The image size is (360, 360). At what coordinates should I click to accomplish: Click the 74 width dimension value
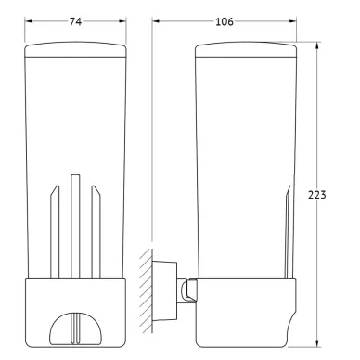pos(75,21)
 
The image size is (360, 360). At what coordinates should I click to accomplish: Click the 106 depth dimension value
pos(225,21)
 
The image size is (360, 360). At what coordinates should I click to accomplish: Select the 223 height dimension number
pos(317,195)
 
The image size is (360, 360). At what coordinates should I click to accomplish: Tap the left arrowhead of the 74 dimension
pos(29,21)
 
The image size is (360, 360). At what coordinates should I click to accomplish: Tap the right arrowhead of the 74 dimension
pos(122,21)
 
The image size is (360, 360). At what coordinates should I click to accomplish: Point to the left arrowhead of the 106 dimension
pos(156,21)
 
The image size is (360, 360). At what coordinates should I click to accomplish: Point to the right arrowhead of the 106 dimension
pos(292,21)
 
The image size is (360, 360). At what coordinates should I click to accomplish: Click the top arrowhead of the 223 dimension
pos(317,45)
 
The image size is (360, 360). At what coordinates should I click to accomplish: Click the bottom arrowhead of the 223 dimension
pos(317,341)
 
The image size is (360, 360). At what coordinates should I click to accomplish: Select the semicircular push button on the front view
pos(75,328)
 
